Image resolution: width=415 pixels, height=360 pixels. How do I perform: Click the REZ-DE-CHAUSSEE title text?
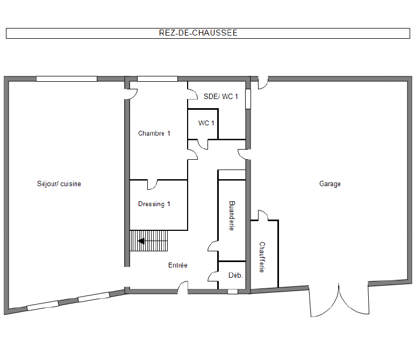[x=198, y=33]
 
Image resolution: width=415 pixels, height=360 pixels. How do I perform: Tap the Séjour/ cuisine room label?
[x=59, y=184]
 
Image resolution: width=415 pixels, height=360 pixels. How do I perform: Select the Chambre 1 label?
[x=154, y=133]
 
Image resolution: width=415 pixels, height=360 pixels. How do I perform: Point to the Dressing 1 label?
[x=154, y=204]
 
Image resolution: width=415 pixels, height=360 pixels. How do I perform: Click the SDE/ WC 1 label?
[x=221, y=96]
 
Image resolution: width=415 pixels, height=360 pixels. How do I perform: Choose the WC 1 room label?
[x=206, y=123]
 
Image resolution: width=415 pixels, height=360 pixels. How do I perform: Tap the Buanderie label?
[x=232, y=216]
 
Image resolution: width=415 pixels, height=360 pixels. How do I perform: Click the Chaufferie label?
[x=262, y=257]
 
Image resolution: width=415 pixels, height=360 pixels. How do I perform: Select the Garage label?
[x=330, y=184]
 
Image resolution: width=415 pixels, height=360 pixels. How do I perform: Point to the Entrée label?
[x=178, y=265]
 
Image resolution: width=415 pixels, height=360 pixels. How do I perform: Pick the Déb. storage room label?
[x=235, y=275]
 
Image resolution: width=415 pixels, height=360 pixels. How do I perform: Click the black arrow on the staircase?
[x=141, y=241]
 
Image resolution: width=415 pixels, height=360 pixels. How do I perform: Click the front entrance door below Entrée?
[x=183, y=287]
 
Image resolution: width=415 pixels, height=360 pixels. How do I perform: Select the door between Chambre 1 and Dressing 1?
[x=152, y=185]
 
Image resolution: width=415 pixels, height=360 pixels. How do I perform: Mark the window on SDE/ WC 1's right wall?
[x=248, y=99]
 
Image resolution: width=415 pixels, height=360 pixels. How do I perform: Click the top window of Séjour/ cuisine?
[x=67, y=79]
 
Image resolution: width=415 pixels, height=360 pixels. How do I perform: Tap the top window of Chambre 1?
[x=158, y=79]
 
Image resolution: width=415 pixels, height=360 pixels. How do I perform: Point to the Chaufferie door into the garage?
[x=263, y=215]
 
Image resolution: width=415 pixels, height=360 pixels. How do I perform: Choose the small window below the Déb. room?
[x=233, y=292]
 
